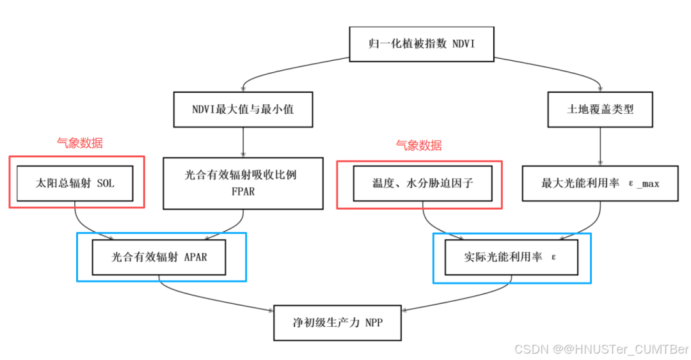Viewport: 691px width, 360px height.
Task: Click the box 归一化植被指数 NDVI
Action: pos(422,44)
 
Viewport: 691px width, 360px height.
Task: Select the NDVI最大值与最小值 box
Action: pos(242,109)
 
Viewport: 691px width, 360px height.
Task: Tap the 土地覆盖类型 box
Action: pos(600,109)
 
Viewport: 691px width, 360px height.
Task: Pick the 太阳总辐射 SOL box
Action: pos(75,183)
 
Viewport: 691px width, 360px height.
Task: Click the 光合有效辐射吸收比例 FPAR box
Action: pos(242,183)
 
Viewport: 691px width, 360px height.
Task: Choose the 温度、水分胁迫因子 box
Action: pos(420,183)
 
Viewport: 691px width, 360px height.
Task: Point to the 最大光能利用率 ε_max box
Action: pos(600,183)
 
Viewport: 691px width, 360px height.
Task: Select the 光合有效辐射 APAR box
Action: pos(159,257)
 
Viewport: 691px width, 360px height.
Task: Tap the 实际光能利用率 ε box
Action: pos(511,257)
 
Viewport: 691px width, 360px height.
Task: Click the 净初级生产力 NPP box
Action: pos(338,323)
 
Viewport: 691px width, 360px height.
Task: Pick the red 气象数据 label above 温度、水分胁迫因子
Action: pos(418,146)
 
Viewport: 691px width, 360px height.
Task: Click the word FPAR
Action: pos(242,191)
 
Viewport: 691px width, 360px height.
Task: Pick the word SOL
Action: pos(106,184)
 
